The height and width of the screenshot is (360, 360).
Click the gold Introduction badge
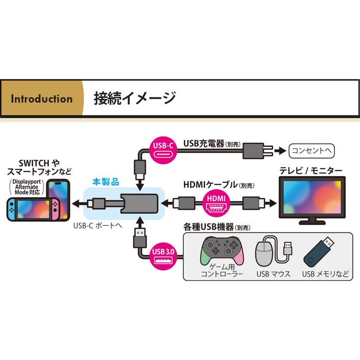tap(41, 99)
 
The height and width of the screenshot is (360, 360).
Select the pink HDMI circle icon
tap(216, 201)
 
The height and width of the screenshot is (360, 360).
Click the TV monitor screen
tap(311, 198)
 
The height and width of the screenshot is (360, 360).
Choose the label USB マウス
tap(273, 274)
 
